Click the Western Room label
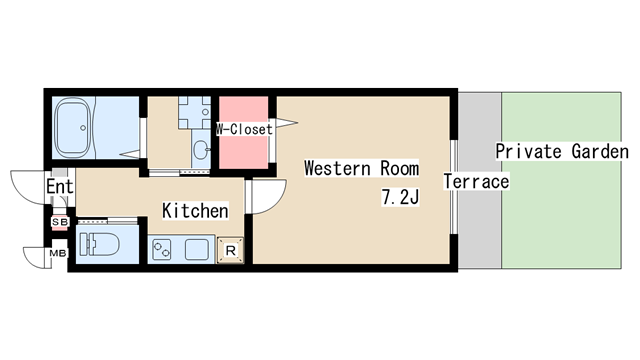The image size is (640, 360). tap(362, 168)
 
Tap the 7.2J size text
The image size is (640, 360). tap(400, 197)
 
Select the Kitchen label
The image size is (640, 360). tap(195, 211)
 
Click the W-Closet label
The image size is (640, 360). tap(244, 129)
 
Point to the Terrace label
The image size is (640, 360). tap(476, 182)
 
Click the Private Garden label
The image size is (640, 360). tap(562, 151)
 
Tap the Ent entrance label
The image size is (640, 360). tap(60, 187)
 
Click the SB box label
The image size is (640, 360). tap(59, 222)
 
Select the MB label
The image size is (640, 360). tap(58, 253)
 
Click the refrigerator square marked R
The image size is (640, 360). tap(230, 250)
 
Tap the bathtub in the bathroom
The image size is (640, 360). tap(73, 127)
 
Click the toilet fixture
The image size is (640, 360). tap(99, 244)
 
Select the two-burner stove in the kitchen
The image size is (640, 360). tap(162, 249)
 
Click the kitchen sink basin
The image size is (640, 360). tap(197, 249)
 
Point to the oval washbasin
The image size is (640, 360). tap(200, 150)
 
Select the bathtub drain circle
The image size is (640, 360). tap(83, 128)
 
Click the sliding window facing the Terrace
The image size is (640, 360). tap(453, 187)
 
